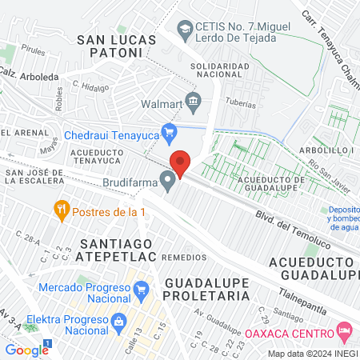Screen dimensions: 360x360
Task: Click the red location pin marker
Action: point(180,164)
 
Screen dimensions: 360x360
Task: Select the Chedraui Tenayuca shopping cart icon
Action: point(169,132)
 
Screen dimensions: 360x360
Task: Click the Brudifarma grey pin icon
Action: point(167,182)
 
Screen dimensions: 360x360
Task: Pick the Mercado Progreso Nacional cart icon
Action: point(142,288)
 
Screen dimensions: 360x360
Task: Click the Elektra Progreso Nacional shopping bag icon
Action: point(118,321)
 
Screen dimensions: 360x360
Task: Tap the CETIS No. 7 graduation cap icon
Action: point(186,29)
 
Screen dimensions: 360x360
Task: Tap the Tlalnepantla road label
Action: point(319,298)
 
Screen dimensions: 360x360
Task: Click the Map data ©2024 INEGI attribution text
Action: point(312,354)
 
